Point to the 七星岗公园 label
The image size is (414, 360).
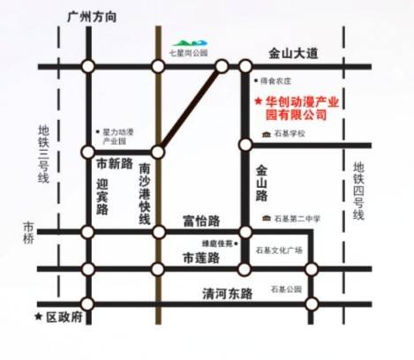tap(188, 53)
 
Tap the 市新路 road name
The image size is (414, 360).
tap(113, 164)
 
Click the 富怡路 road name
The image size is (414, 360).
tap(200, 220)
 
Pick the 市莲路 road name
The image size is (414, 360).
tap(200, 258)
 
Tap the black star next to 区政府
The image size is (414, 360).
tap(38, 316)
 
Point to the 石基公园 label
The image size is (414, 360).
tap(287, 289)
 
